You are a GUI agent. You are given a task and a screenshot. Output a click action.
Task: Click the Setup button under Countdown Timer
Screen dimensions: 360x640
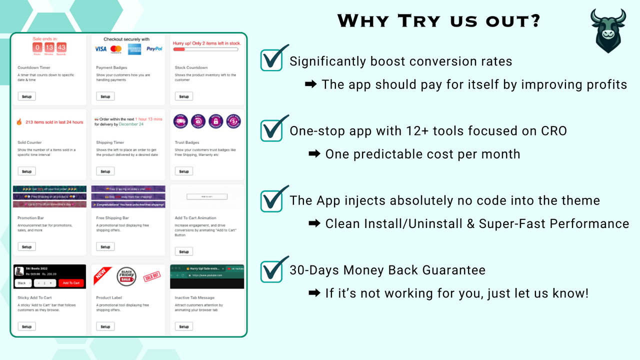(x=26, y=96)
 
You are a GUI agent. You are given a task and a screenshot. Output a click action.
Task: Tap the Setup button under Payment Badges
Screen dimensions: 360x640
(x=105, y=96)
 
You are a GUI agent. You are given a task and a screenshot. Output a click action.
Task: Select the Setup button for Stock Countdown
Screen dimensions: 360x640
(x=184, y=96)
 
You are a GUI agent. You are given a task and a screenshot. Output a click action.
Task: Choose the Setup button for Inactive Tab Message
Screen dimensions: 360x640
(x=184, y=326)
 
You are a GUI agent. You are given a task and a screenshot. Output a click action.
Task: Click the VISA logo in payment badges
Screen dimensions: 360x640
(x=100, y=49)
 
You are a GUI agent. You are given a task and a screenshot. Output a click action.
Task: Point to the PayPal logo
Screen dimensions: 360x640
(x=154, y=49)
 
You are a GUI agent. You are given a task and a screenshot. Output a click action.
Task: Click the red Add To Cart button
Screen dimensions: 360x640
(x=71, y=283)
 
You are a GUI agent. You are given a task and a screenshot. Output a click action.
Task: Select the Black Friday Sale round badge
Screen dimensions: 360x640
(x=126, y=276)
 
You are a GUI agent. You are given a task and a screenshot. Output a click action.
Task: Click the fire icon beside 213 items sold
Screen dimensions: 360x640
(x=19, y=122)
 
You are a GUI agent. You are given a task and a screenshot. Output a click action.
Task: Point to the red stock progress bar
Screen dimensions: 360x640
(x=179, y=49)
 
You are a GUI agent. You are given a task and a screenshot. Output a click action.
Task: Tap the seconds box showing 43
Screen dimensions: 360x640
(x=61, y=48)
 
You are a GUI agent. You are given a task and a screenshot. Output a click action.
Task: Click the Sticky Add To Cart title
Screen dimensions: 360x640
(x=34, y=298)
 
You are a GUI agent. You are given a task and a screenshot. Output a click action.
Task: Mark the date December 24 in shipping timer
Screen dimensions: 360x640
(x=130, y=124)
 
